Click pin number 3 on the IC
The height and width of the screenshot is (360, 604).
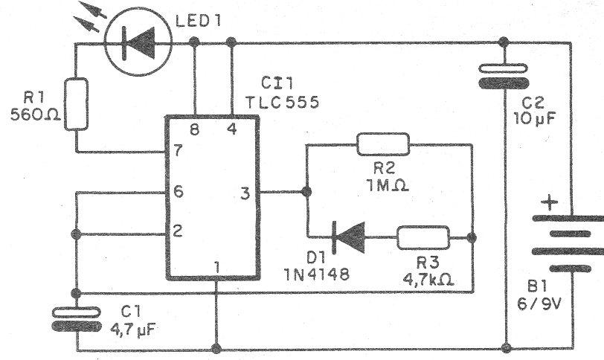coord(244,194)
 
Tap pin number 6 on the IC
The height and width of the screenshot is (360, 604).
coord(177,191)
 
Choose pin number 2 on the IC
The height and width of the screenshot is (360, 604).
coord(177,231)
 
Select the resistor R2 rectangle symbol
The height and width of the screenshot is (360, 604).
coord(382,144)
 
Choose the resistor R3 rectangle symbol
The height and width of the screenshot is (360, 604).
coord(423,238)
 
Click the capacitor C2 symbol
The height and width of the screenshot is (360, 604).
coord(506,76)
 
